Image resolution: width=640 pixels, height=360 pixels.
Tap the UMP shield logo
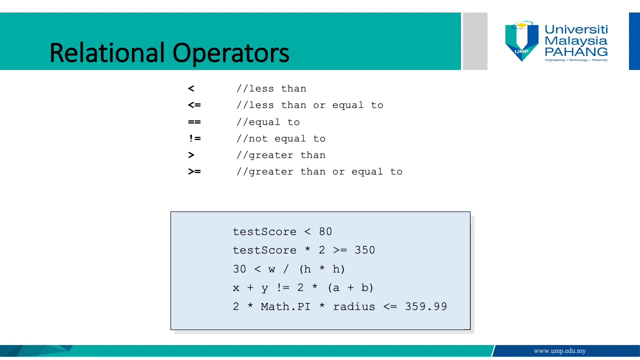point(522,41)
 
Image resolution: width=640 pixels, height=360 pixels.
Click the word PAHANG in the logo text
point(576,51)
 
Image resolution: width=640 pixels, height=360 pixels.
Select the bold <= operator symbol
point(194,105)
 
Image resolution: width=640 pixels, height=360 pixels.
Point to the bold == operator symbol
point(194,122)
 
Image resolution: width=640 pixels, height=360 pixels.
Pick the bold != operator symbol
point(194,138)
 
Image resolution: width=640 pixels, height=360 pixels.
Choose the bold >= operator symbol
point(194,171)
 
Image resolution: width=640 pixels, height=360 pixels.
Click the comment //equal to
point(268,122)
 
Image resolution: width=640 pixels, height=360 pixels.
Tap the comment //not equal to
point(281,138)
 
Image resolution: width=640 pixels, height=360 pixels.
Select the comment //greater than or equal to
point(319,171)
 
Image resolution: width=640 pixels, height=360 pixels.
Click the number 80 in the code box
point(325,232)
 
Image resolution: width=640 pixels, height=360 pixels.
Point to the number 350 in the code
point(365,250)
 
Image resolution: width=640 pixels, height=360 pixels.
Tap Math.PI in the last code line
point(285,307)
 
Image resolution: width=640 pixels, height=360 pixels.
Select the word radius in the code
point(354,307)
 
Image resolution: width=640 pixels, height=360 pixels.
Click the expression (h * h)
point(322,269)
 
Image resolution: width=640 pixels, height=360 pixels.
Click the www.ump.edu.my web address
point(559,351)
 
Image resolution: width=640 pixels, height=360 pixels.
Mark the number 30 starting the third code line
point(239,269)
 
